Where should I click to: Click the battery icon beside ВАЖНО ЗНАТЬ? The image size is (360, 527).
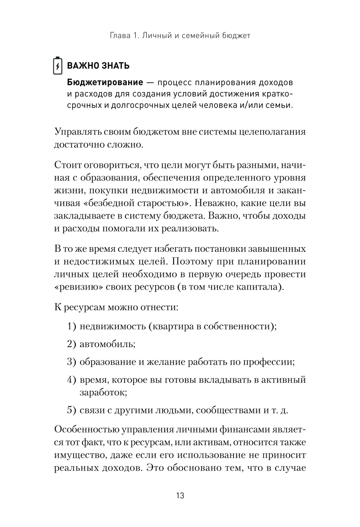click(x=58, y=65)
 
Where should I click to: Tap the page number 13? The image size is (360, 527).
click(x=180, y=496)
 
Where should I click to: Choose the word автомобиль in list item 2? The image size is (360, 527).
click(x=107, y=344)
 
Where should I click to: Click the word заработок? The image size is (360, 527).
click(x=103, y=392)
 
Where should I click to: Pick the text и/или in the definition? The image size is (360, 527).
click(x=251, y=105)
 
